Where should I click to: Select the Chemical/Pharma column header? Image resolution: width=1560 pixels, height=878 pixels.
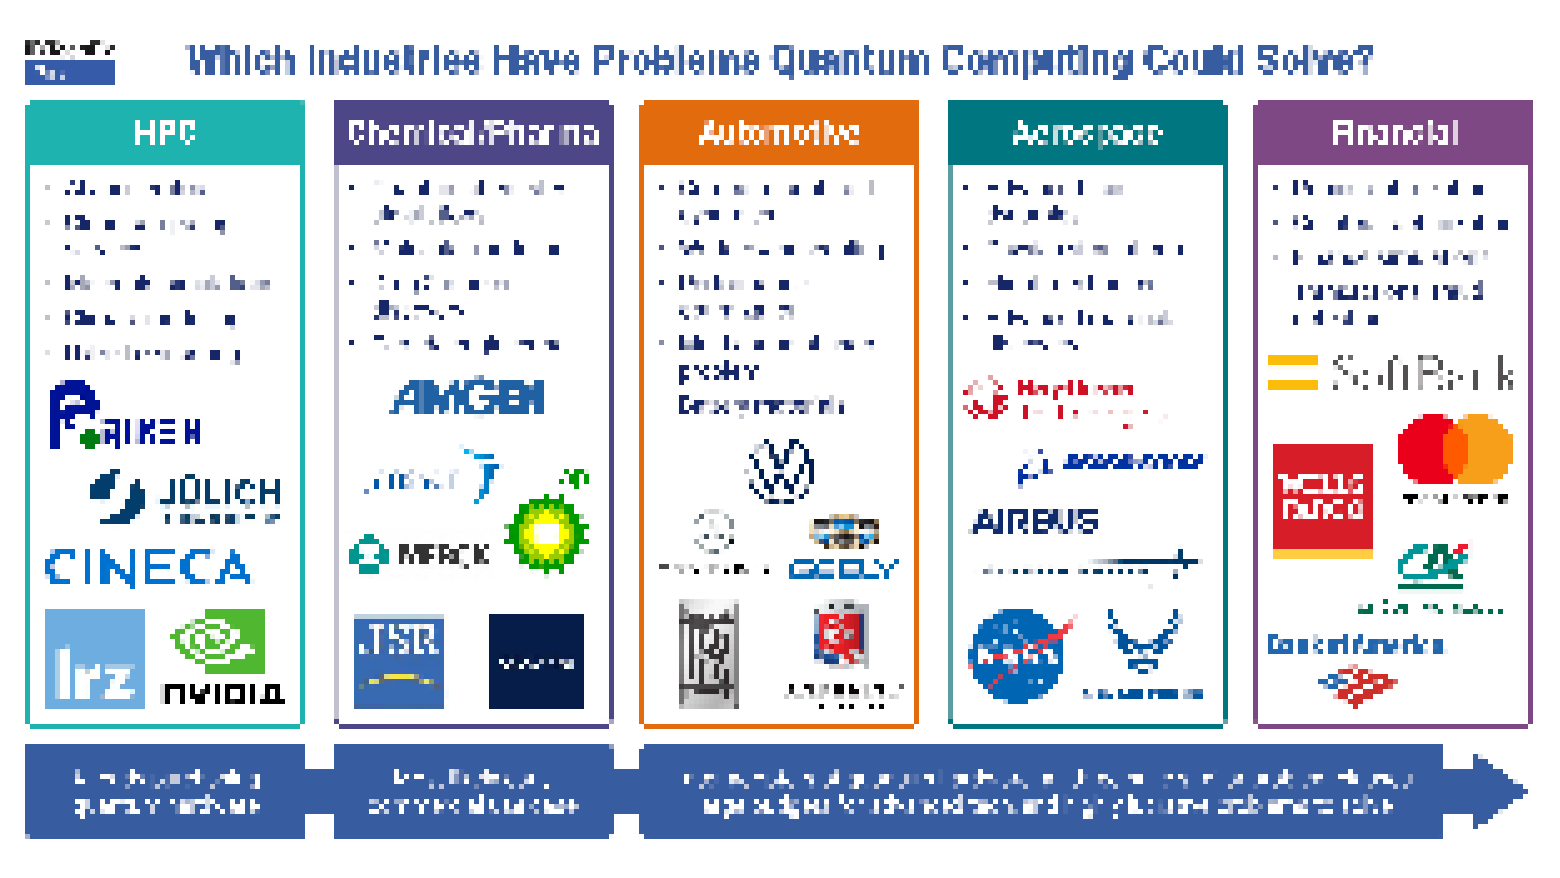(x=474, y=133)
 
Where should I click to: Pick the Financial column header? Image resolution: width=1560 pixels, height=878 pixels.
(x=1394, y=133)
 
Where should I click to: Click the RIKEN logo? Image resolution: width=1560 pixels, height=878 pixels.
(x=124, y=417)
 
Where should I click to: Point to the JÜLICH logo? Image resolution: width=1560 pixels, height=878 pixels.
(x=185, y=497)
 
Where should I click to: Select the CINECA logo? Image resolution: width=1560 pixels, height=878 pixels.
(x=147, y=568)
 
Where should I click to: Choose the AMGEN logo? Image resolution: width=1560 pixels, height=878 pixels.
(x=467, y=398)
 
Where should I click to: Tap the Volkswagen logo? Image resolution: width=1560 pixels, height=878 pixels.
(x=780, y=471)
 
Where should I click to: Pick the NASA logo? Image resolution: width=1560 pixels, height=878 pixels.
(x=1017, y=656)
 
